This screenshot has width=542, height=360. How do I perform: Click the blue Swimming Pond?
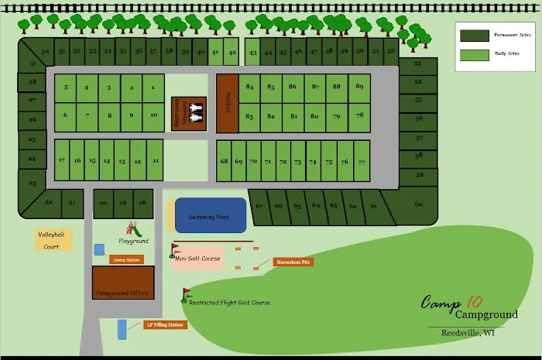pos(211,215)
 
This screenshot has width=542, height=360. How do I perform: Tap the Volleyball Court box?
pos(52,240)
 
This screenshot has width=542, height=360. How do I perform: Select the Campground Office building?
pos(122,283)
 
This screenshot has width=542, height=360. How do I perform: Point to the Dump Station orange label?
pos(126,259)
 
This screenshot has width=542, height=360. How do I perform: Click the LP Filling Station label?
pos(165,324)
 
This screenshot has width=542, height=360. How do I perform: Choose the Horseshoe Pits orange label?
pos(293,262)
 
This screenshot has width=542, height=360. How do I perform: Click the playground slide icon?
pos(135,229)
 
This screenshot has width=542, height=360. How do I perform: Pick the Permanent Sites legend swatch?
pos(474,36)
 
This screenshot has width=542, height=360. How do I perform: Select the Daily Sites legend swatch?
pos(474,55)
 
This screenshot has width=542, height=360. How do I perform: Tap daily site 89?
pos(359,87)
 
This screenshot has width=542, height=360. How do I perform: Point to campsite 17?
pos(61,160)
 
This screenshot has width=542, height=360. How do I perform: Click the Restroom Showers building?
pos(189,113)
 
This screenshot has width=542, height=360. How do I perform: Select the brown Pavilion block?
pos(227,104)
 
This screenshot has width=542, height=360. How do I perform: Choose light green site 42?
pos(231,53)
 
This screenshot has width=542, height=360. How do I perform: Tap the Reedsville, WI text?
pos(468,333)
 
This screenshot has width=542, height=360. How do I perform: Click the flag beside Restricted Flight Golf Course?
pos(185,293)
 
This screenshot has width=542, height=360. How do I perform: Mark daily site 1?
pos(153,87)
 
